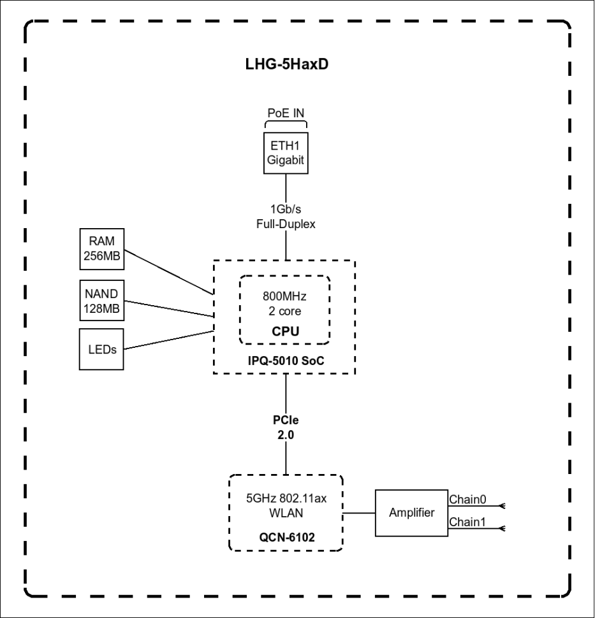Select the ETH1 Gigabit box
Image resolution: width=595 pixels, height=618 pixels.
(285, 153)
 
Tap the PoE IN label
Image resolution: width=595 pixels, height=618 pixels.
(285, 113)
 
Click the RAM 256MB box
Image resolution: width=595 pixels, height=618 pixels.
(102, 250)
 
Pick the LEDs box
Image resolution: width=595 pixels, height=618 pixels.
(102, 349)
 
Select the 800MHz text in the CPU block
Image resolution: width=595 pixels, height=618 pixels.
(284, 297)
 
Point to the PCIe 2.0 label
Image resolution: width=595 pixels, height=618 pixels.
(285, 428)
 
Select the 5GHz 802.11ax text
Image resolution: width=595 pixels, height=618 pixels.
(285, 498)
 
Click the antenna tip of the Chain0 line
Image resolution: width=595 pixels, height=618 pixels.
(503, 505)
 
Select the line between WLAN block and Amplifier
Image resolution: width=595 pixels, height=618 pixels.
(359, 513)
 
